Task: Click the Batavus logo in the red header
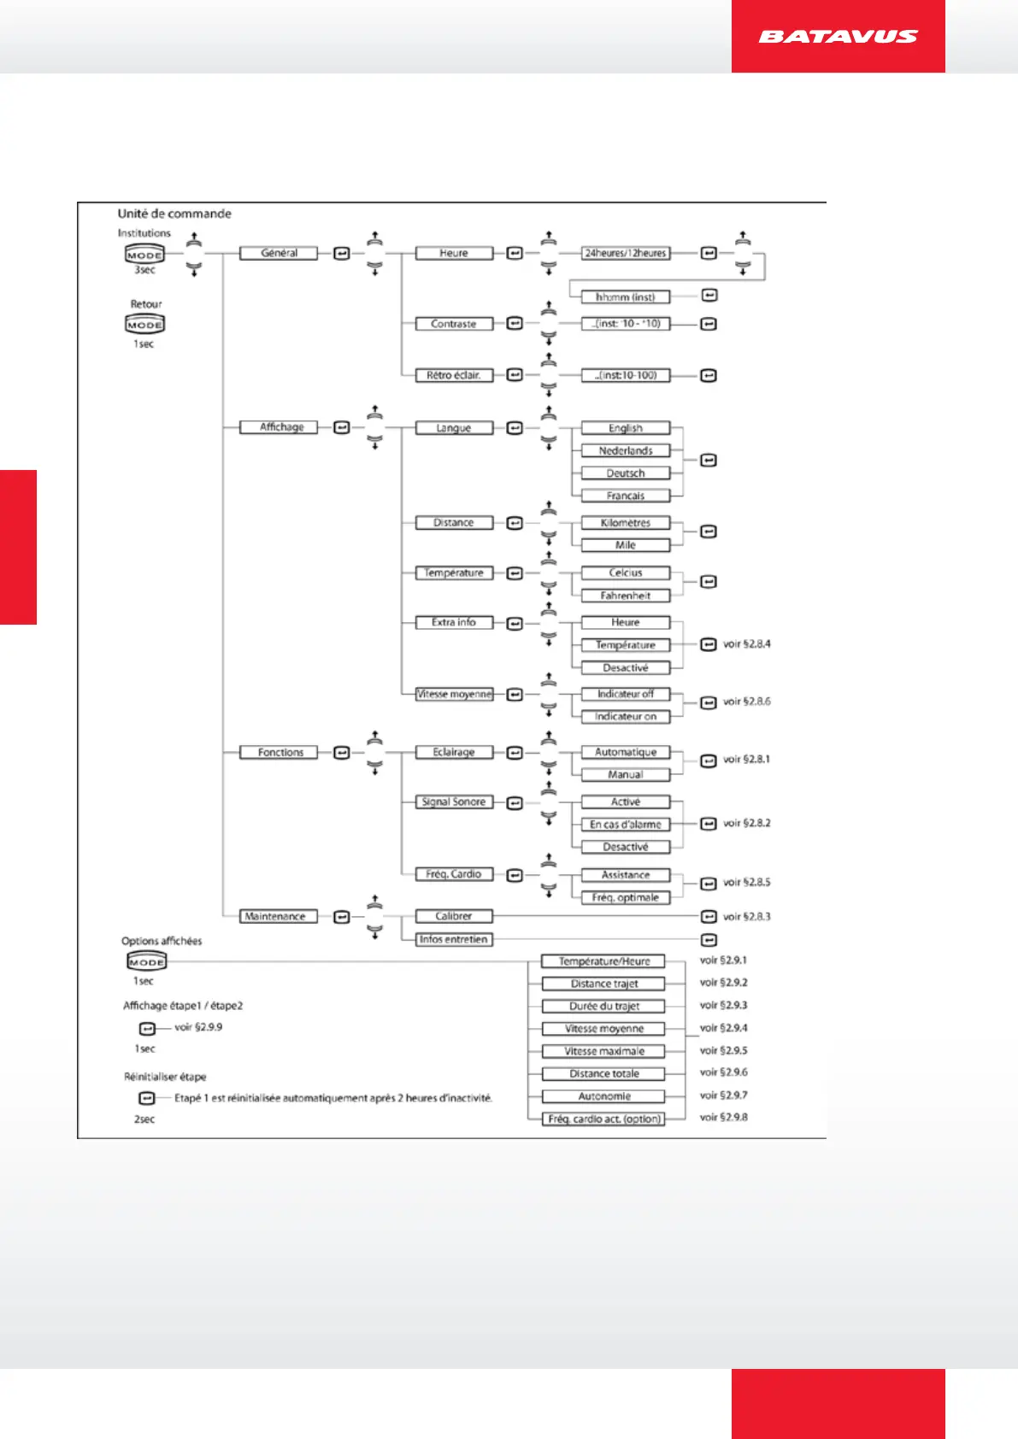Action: pyautogui.click(x=838, y=37)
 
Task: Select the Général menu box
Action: pyautogui.click(x=279, y=253)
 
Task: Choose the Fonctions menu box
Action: pyautogui.click(x=279, y=753)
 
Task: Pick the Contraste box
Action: pyautogui.click(x=454, y=324)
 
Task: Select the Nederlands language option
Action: pyautogui.click(x=626, y=450)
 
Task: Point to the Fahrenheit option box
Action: pyautogui.click(x=626, y=596)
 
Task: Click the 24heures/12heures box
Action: pyautogui.click(x=626, y=253)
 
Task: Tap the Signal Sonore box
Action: pyautogui.click(x=454, y=802)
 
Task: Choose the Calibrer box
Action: pyautogui.click(x=454, y=916)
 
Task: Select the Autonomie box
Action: pyautogui.click(x=604, y=1096)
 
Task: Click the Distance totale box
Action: pyautogui.click(x=604, y=1074)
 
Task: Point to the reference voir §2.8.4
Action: pyautogui.click(x=746, y=644)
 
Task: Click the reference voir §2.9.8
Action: pyautogui.click(x=723, y=1117)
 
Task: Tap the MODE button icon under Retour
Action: pyautogui.click(x=145, y=325)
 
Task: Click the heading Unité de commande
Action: pyautogui.click(x=174, y=214)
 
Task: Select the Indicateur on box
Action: pyautogui.click(x=626, y=717)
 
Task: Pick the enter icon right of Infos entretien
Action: pyautogui.click(x=709, y=940)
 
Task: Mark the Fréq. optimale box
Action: pyautogui.click(x=626, y=898)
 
